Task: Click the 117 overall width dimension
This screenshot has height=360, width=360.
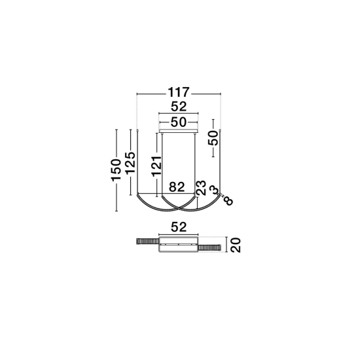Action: pyautogui.click(x=179, y=92)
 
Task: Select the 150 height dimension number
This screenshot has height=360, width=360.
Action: pyautogui.click(x=116, y=170)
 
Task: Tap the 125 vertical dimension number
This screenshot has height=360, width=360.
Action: pyautogui.click(x=130, y=162)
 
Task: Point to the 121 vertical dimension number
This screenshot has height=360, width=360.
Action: pyautogui.click(x=157, y=166)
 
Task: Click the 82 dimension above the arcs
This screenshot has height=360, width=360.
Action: pyautogui.click(x=177, y=187)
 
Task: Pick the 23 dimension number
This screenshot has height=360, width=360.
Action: pyautogui.click(x=201, y=188)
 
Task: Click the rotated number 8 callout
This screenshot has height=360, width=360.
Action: pyautogui.click(x=228, y=202)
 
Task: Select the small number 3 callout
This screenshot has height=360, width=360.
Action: pyautogui.click(x=214, y=190)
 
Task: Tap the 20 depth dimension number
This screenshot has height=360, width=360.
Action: pyautogui.click(x=236, y=245)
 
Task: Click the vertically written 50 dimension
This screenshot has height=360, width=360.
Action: pyautogui.click(x=213, y=137)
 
